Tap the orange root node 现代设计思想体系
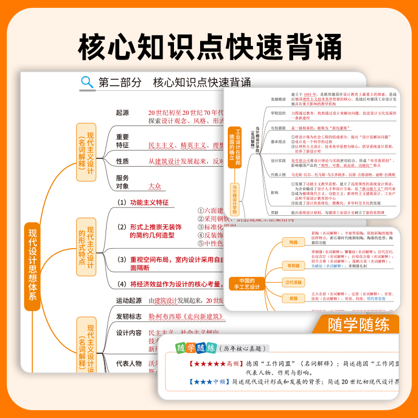point(32,266)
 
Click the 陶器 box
point(293,242)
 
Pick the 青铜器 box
point(293,266)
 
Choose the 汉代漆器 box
point(293,283)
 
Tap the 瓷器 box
point(293,298)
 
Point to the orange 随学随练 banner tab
point(358,324)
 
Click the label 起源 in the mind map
point(122,112)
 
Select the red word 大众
point(155,185)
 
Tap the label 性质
point(122,161)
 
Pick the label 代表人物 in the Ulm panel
point(278,175)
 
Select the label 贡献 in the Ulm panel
point(275,213)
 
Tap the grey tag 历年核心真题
point(240,349)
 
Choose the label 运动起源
point(129,300)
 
